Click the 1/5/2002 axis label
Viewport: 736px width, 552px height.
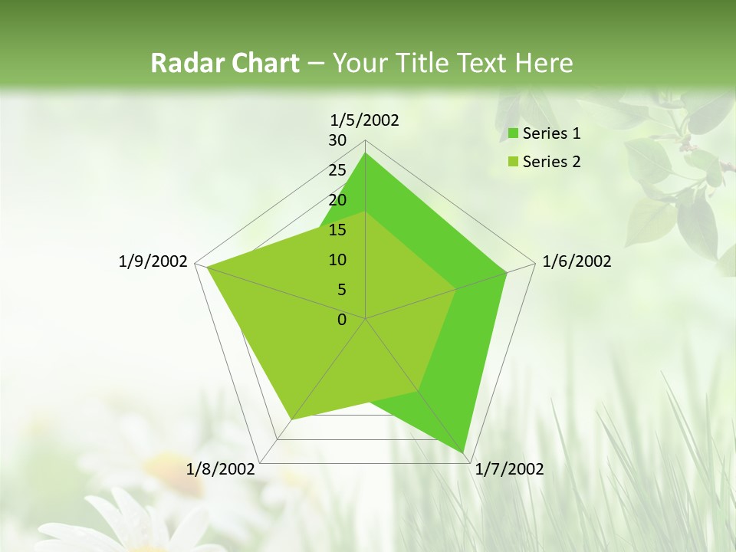pyautogui.click(x=364, y=120)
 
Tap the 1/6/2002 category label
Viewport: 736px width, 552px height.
pyautogui.click(x=577, y=261)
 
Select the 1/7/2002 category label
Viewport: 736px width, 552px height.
pyautogui.click(x=509, y=469)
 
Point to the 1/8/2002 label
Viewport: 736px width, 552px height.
pyautogui.click(x=220, y=469)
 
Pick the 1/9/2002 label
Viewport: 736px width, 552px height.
pyautogui.click(x=153, y=261)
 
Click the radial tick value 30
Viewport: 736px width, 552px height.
pyautogui.click(x=337, y=140)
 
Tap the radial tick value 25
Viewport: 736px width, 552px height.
pyautogui.click(x=337, y=170)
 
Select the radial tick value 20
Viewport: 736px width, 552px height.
pyautogui.click(x=337, y=200)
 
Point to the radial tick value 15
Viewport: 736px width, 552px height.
pyautogui.click(x=337, y=230)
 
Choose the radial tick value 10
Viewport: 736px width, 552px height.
pyautogui.click(x=337, y=260)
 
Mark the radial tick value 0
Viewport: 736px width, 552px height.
pyautogui.click(x=342, y=320)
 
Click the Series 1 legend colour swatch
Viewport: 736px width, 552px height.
pyautogui.click(x=512, y=134)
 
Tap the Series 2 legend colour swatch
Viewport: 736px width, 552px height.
pyautogui.click(x=512, y=162)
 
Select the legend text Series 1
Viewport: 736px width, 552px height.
pyautogui.click(x=551, y=133)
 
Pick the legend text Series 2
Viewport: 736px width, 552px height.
pyautogui.click(x=551, y=162)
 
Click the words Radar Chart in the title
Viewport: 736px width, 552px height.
pyautogui.click(x=225, y=63)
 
